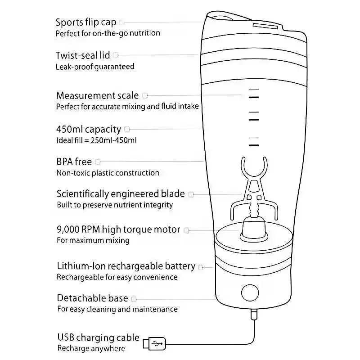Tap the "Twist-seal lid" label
pos(83,55)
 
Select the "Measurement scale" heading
pos(98,95)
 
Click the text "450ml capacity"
pos(89,129)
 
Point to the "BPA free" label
pos(74,162)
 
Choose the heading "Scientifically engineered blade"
pos(121,194)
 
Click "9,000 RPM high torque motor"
pos(118,229)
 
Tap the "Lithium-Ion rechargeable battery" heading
pos(126,266)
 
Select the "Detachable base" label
pos(92,298)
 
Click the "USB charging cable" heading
pos(98,337)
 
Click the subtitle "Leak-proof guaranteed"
pos(95,67)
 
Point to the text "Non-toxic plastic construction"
pos(108,173)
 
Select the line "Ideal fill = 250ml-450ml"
pos(96,140)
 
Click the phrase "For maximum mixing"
pos(93,240)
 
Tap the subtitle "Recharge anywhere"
pos(91,348)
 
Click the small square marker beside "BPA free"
pos(98,162)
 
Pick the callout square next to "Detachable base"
pos(134,299)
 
